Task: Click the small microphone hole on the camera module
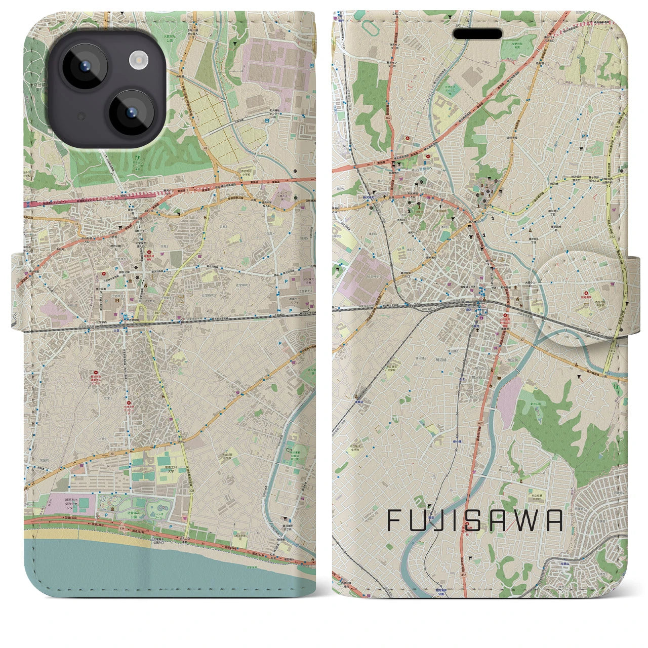[x=79, y=117]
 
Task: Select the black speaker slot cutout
[x=477, y=34]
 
